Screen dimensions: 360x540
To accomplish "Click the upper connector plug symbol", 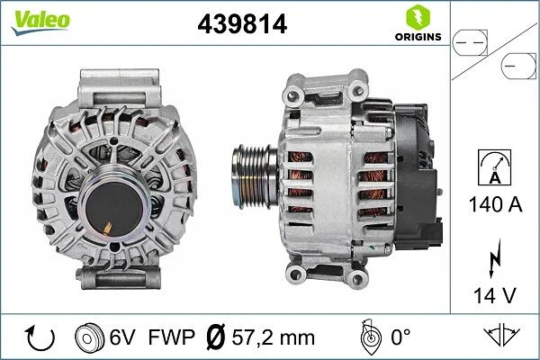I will point(471,40).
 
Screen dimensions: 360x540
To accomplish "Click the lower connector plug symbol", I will point(518,64).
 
